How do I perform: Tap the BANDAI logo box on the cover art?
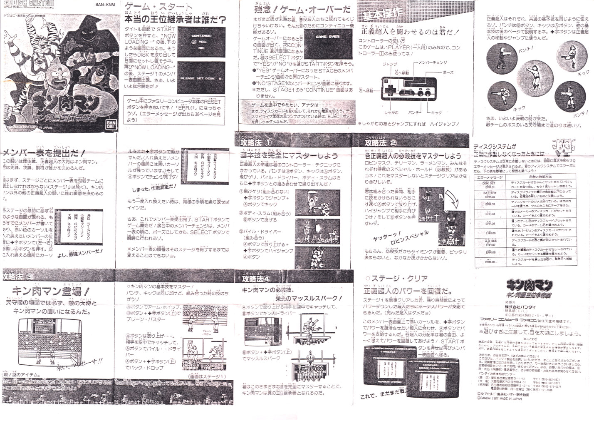click(111, 125)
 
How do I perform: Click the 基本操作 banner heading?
click(382, 15)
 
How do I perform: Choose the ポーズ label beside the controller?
click(448, 72)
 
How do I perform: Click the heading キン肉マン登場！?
click(50, 291)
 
